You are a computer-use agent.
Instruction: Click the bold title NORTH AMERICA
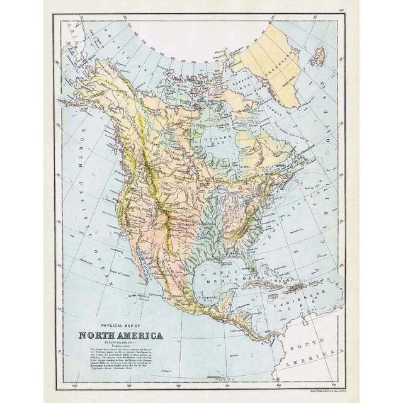coord(120,335)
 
